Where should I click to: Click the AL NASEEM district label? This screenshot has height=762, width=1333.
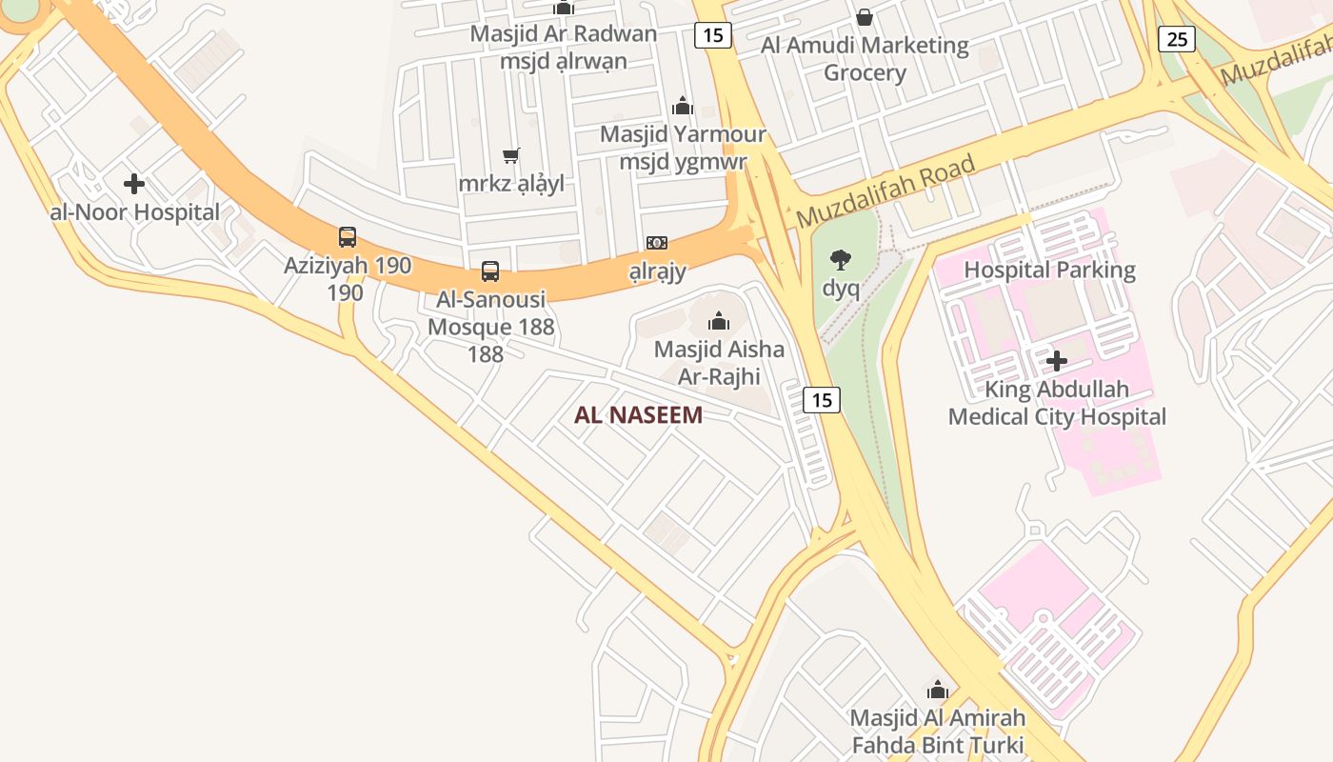click(x=638, y=415)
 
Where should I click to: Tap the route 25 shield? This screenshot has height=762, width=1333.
click(x=1177, y=39)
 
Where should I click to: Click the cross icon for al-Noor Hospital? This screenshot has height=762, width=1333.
click(x=134, y=184)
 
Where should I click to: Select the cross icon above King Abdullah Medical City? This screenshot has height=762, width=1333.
click(x=1056, y=361)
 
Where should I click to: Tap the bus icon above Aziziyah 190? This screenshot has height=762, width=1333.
click(x=348, y=237)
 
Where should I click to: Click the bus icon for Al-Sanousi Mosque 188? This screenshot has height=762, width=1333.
click(x=490, y=271)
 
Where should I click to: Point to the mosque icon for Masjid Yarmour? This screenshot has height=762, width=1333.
click(x=682, y=106)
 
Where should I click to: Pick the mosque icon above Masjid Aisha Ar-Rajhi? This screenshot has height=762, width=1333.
click(x=719, y=321)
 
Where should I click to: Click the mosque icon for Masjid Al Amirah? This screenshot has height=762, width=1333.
click(x=938, y=690)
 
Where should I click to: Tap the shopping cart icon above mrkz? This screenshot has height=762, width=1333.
click(x=511, y=155)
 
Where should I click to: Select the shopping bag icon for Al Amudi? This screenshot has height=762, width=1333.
click(x=865, y=17)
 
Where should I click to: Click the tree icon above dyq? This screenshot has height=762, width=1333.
click(x=840, y=259)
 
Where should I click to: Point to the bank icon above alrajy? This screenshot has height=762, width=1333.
click(x=657, y=243)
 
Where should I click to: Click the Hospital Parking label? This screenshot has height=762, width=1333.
click(x=1049, y=270)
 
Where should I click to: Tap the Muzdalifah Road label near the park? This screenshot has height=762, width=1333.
click(x=886, y=191)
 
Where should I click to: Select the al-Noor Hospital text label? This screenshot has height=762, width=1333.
click(x=134, y=212)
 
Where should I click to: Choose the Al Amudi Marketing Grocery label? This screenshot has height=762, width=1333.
click(x=865, y=59)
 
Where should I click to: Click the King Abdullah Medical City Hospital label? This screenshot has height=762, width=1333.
click(x=1057, y=403)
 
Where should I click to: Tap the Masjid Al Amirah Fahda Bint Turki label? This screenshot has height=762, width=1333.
click(x=938, y=731)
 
